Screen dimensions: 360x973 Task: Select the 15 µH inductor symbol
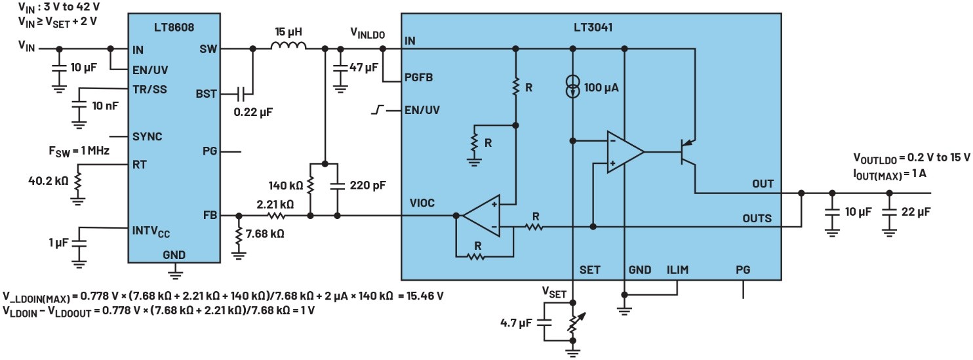pos(288,46)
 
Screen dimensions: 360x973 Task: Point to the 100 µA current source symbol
pos(574,88)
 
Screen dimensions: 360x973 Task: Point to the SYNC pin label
pos(147,136)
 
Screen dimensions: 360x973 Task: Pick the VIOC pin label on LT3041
pos(421,203)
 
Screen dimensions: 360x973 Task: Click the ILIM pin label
pos(677,270)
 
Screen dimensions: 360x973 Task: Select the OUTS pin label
pos(757,218)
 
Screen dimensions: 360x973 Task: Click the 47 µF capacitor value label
pos(365,67)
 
